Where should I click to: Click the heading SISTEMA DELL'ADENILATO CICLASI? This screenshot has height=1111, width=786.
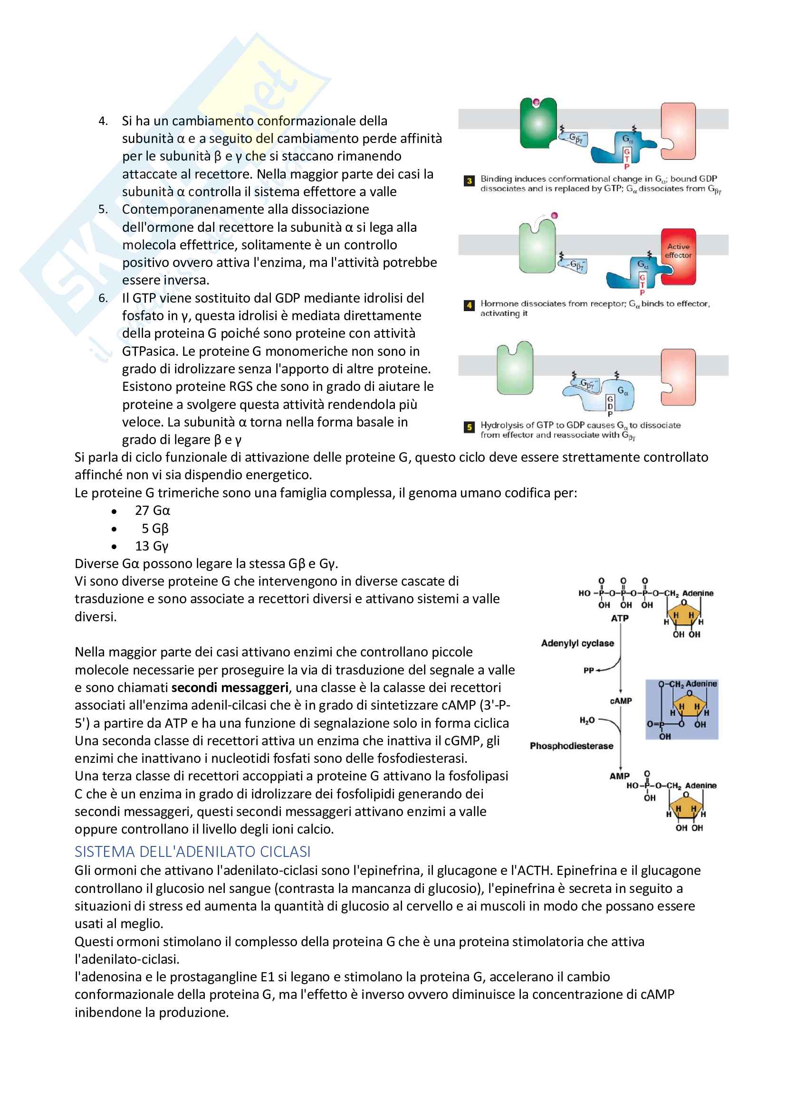coord(192,852)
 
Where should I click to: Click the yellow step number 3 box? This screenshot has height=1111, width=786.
coord(469,181)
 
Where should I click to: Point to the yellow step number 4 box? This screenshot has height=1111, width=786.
coord(469,305)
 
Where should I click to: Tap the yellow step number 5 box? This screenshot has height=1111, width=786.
coord(469,427)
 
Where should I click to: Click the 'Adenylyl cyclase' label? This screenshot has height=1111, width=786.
coord(577,643)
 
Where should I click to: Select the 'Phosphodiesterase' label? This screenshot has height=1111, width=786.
coord(571,746)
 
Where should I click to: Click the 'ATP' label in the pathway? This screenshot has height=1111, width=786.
coord(620,618)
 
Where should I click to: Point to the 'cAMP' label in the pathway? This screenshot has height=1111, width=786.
coord(621,701)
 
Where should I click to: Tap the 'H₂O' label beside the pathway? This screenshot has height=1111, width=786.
coord(586,721)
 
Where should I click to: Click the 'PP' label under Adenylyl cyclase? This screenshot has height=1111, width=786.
coord(588,671)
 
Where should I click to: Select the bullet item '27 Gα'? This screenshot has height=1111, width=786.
coord(153,511)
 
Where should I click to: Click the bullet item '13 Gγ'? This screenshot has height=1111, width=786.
coord(152,546)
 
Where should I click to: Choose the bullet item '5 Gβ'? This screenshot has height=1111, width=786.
coord(155,528)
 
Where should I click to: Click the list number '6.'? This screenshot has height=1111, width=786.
coord(103,298)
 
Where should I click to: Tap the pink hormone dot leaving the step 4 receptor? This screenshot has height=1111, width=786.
coord(555,215)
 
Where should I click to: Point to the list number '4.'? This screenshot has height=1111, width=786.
coord(103,121)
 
